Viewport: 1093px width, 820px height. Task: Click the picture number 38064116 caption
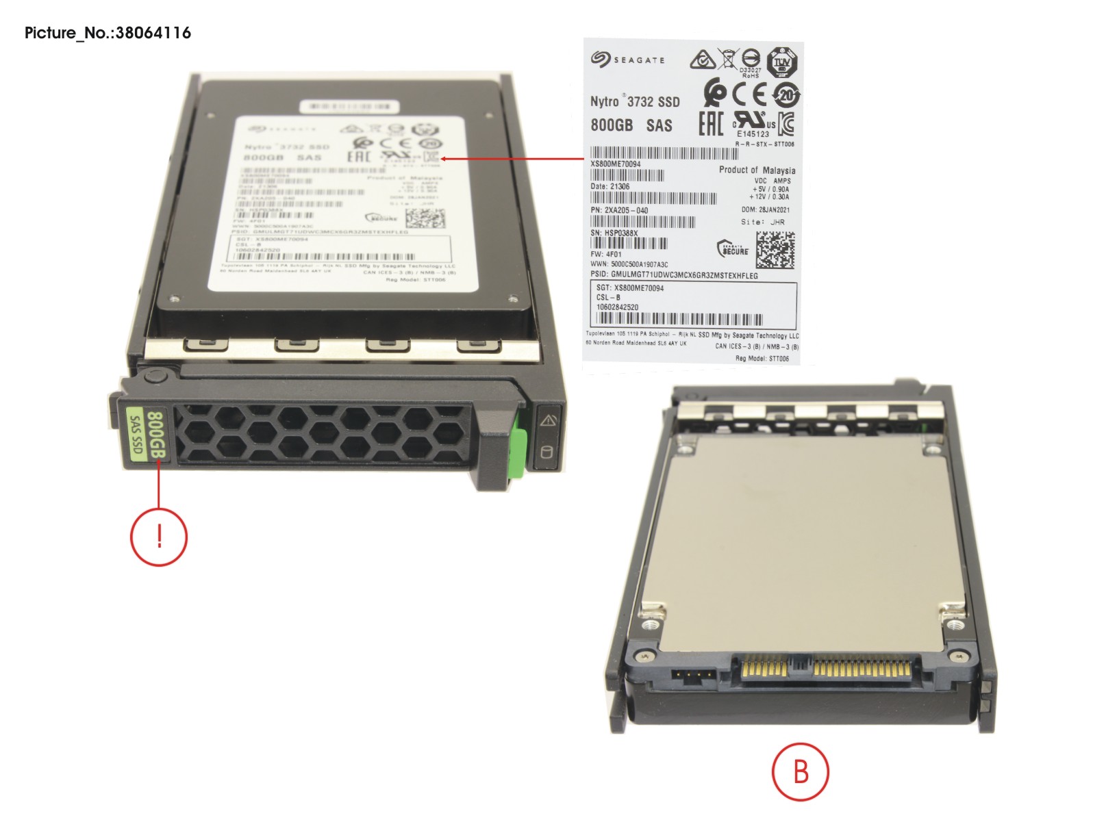tap(108, 33)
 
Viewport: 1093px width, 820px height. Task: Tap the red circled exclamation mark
tap(159, 536)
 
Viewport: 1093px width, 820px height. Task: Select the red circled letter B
tap(801, 771)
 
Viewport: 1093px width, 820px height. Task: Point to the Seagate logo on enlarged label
tap(627, 60)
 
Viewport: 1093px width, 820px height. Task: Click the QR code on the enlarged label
tap(775, 249)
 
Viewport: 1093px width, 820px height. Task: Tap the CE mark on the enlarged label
tap(749, 94)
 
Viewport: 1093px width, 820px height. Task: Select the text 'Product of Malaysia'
tap(757, 170)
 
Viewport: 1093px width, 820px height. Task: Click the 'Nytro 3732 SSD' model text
tap(635, 102)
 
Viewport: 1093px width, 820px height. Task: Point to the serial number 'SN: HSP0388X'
tap(614, 233)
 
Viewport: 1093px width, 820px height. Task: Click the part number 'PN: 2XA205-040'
tap(619, 210)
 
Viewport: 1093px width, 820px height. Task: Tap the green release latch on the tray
tap(520, 441)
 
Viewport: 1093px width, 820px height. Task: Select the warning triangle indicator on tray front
tap(549, 420)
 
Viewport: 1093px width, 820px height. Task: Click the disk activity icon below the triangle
tap(546, 452)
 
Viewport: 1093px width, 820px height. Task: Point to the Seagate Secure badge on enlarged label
tap(732, 249)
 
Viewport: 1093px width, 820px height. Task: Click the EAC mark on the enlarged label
tap(711, 124)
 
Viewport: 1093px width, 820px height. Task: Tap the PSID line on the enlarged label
tap(674, 275)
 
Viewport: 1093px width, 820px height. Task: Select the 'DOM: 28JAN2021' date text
tap(765, 210)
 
